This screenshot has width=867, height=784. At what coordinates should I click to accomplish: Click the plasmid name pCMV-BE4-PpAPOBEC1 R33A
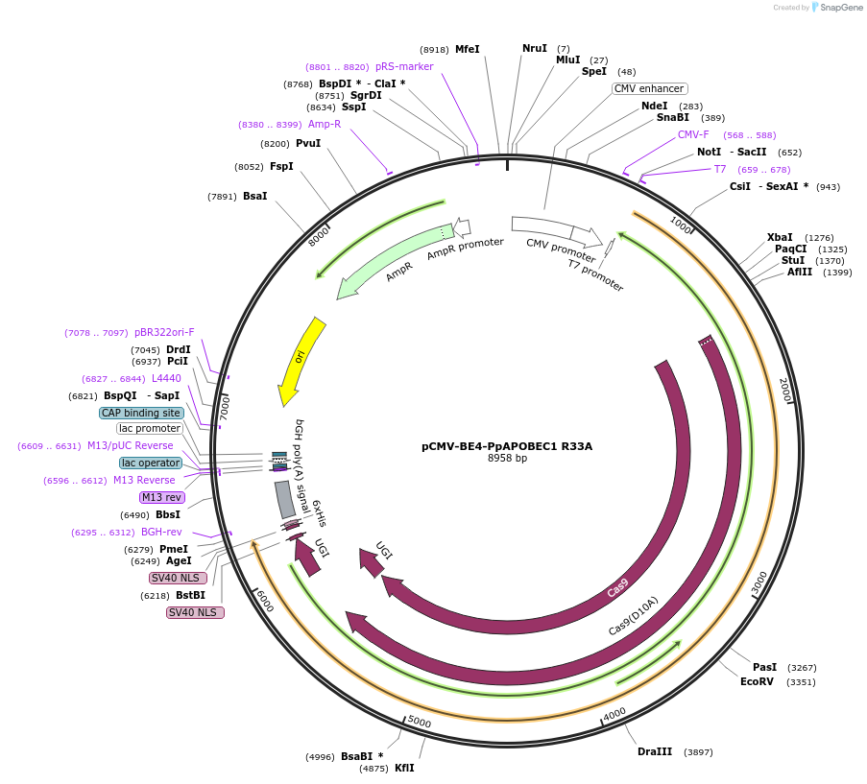pos(507,445)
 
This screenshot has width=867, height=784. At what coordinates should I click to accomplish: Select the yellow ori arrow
pos(302,359)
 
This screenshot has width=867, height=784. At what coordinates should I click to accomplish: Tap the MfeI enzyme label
pos(467,49)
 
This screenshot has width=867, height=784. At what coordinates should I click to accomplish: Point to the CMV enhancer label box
pos(649,88)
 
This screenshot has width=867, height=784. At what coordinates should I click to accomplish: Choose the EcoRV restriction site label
pos(757,681)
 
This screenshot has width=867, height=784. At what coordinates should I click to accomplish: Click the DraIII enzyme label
pos(655,751)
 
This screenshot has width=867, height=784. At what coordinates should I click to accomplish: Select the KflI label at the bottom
pos(404,768)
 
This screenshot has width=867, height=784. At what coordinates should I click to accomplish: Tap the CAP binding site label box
pos(141,413)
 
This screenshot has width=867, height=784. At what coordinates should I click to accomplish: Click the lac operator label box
pos(151,463)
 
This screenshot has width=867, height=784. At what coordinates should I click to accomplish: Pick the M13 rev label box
pos(161,497)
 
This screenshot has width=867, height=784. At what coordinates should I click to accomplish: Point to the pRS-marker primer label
pos(404,67)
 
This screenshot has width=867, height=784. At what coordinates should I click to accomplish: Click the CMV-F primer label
pos(693,134)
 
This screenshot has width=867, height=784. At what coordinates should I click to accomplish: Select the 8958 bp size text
pos(507,459)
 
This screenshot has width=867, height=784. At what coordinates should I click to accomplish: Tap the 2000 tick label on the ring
pos(783,390)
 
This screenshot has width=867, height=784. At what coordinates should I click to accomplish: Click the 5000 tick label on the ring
pos(419,721)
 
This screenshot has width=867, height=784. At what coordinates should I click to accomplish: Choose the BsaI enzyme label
pos(254,196)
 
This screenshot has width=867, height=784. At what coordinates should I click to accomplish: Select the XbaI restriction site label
pos(780,237)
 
